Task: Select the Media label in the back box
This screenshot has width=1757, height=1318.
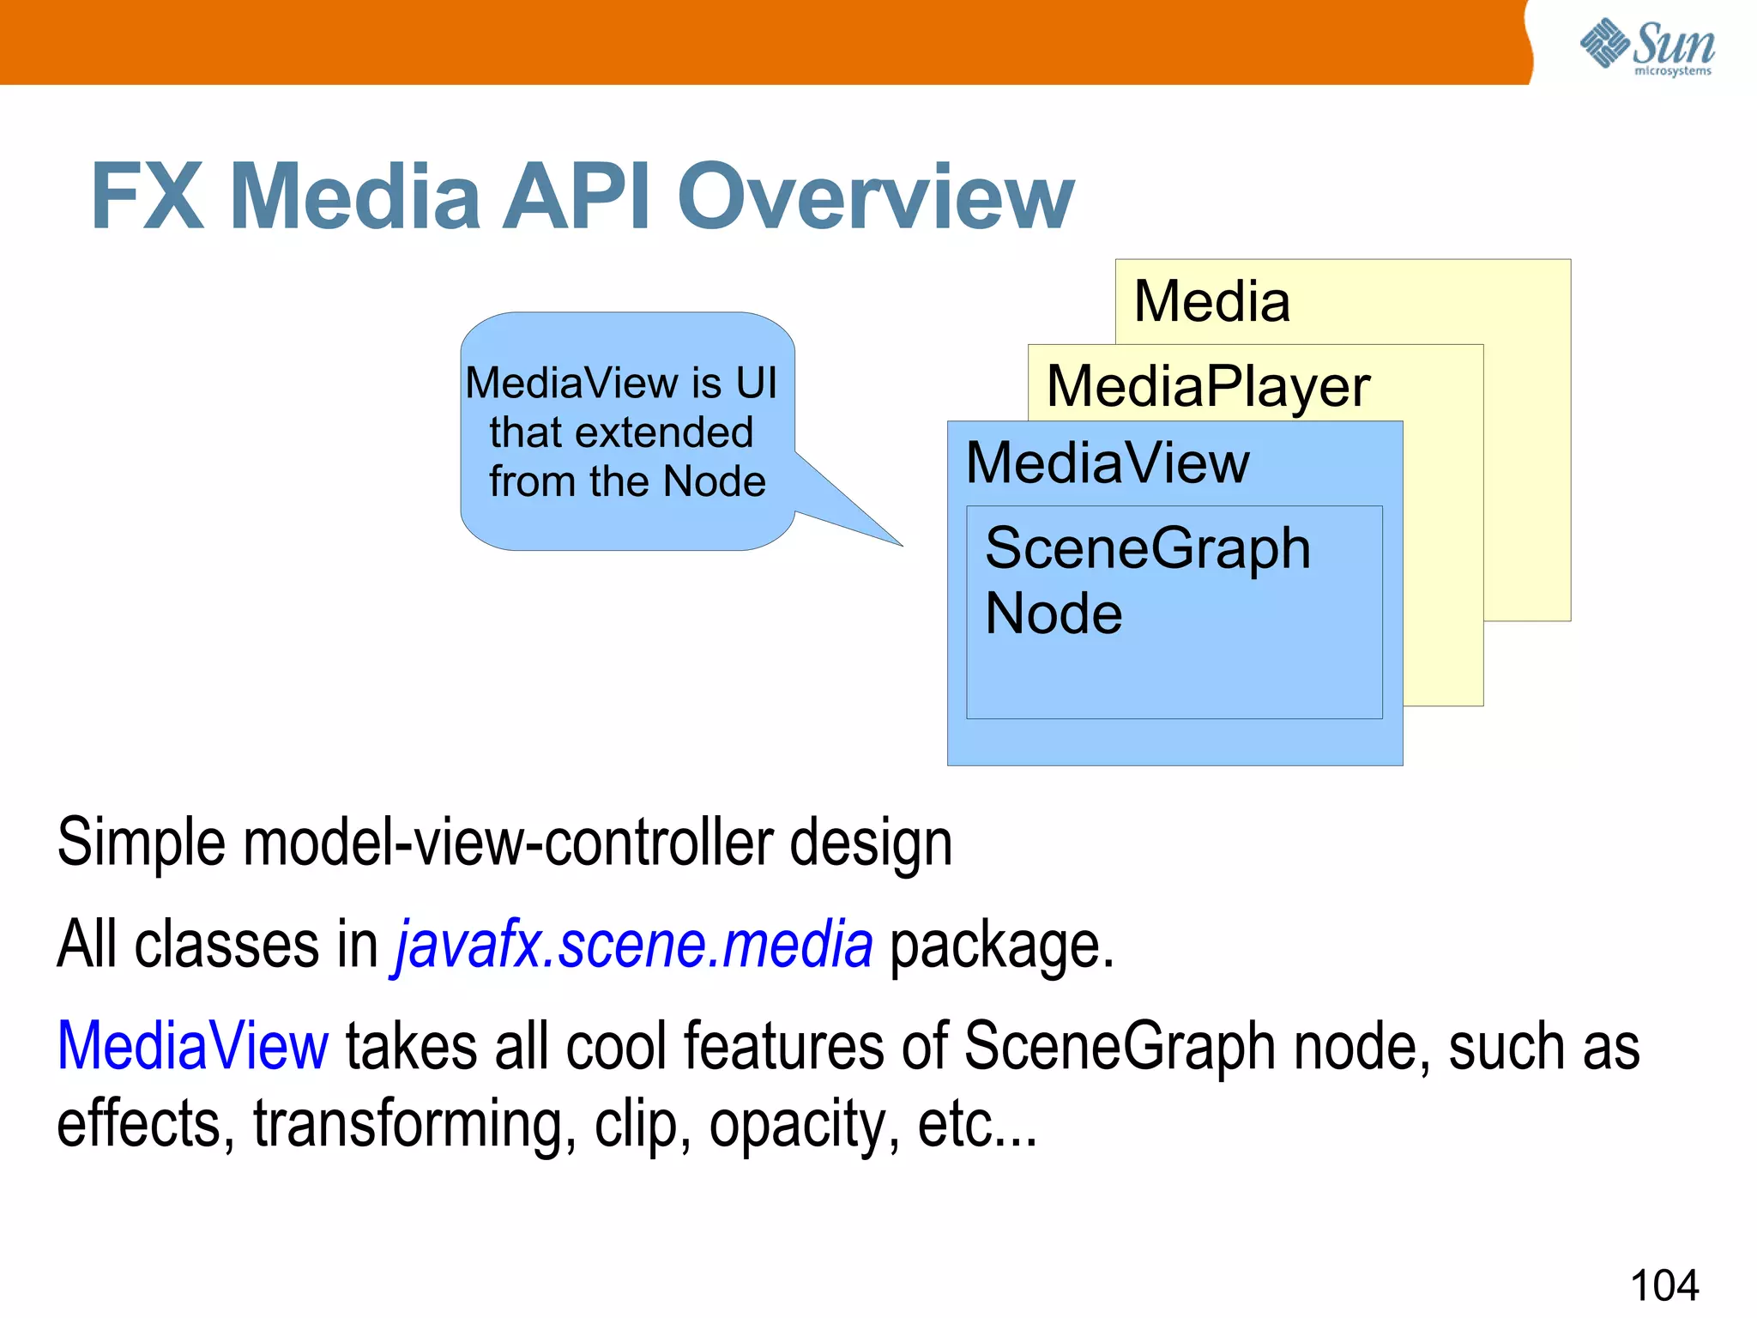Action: tap(1211, 302)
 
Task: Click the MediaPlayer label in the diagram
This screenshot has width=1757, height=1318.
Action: tap(1208, 387)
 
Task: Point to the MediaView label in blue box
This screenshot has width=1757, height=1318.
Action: tap(1108, 463)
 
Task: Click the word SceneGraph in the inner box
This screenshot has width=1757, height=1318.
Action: tap(1147, 548)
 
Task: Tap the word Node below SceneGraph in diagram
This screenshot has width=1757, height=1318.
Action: tap(1054, 614)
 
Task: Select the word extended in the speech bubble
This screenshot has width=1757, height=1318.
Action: tap(664, 432)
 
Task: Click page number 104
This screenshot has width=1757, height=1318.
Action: tap(1663, 1285)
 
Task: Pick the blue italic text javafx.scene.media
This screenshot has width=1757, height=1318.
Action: tap(633, 945)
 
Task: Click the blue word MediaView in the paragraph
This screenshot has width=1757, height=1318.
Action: tap(193, 1046)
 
